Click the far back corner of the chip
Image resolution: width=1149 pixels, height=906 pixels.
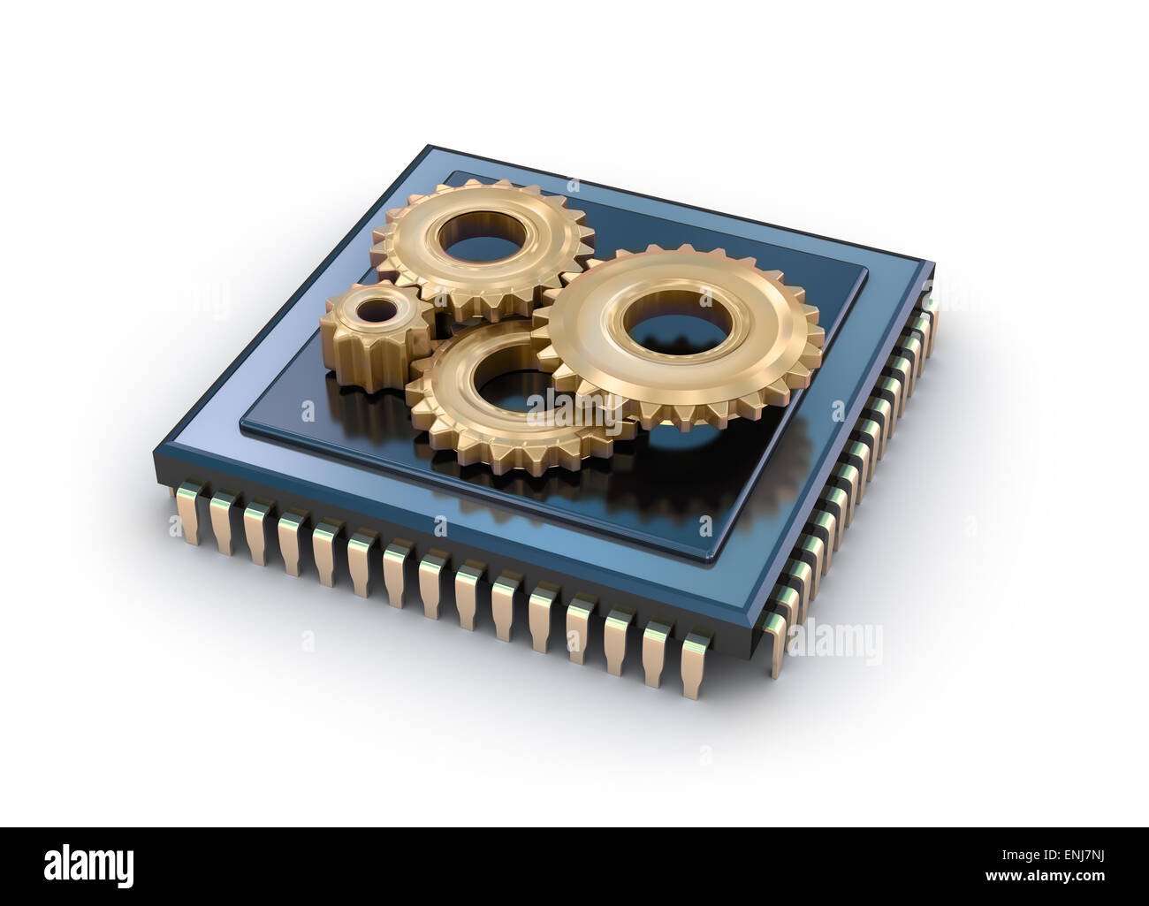coord(430,147)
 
